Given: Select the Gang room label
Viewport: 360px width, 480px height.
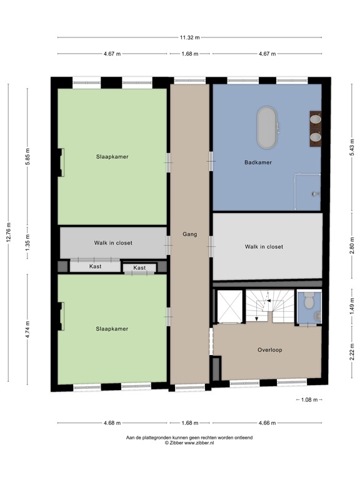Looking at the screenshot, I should [x=189, y=234].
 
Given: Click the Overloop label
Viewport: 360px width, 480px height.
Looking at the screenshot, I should [x=269, y=350].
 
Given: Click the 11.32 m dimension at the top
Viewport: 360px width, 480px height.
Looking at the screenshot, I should [x=189, y=37].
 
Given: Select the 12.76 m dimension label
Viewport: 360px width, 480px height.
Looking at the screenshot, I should [x=9, y=234].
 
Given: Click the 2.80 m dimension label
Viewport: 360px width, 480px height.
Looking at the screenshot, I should [x=351, y=247].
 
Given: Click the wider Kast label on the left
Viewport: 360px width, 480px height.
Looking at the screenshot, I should [x=95, y=266].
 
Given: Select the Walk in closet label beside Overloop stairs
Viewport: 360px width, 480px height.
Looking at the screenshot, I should [x=264, y=247].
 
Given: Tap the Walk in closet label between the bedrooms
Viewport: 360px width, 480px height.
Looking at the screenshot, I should [x=113, y=243].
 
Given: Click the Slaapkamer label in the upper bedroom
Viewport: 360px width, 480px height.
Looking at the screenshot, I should [x=112, y=157].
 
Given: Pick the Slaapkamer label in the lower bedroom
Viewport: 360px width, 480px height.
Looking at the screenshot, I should [x=112, y=329].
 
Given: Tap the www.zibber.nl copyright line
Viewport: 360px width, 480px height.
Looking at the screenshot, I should [x=189, y=443].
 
